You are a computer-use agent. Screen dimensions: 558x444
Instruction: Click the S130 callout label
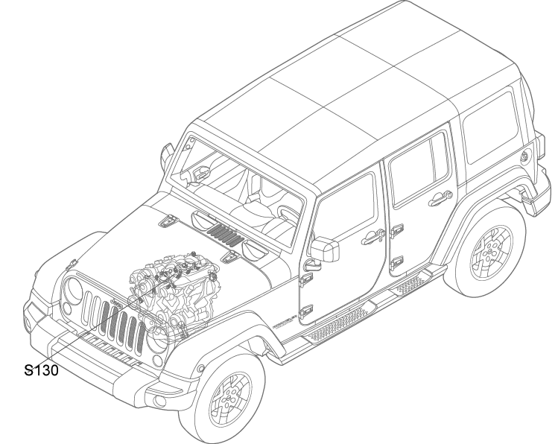[x=41, y=370]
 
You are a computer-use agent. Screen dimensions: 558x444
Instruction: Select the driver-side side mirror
[x=325, y=249]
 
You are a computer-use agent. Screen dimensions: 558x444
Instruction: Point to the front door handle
[x=373, y=237]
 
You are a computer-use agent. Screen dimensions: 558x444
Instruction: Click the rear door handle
[x=440, y=198]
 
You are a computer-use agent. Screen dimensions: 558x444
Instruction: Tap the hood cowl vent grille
[x=225, y=235]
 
